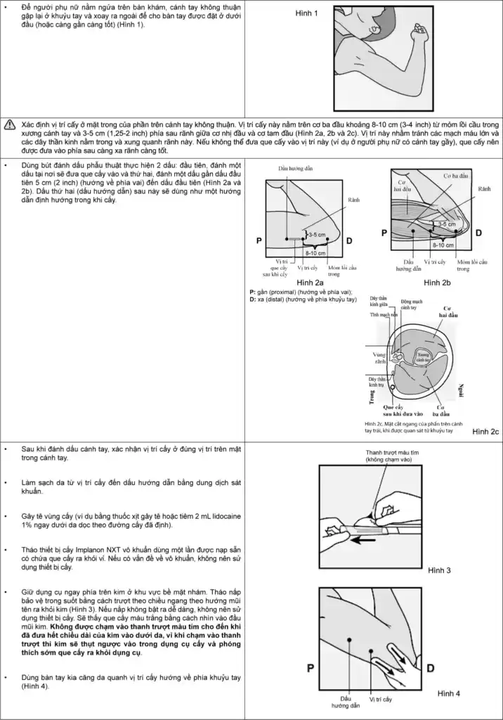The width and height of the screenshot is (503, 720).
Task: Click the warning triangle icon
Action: click(x=11, y=124)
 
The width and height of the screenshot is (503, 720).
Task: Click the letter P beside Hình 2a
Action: click(x=259, y=240)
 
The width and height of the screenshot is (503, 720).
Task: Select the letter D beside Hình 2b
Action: click(x=478, y=232)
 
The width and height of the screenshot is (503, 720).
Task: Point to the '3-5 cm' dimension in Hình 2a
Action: click(x=318, y=234)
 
